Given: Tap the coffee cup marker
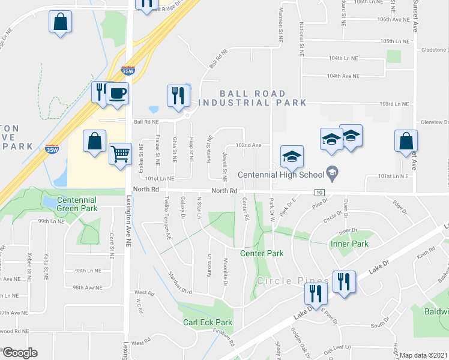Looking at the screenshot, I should [x=117, y=94].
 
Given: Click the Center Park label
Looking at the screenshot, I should [x=262, y=253].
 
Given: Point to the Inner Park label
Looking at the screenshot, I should [x=349, y=244].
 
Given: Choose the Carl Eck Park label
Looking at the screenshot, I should [x=207, y=322].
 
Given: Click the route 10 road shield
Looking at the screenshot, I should [x=319, y=192].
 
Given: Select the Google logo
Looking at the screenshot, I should [x=19, y=352].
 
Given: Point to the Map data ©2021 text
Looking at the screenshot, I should [x=423, y=355].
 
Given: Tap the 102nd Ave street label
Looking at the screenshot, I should [x=248, y=145].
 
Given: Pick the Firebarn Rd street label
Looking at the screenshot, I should [x=223, y=341].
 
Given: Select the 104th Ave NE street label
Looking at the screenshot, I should [x=343, y=76].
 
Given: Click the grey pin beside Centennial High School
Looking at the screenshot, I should [x=331, y=175].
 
